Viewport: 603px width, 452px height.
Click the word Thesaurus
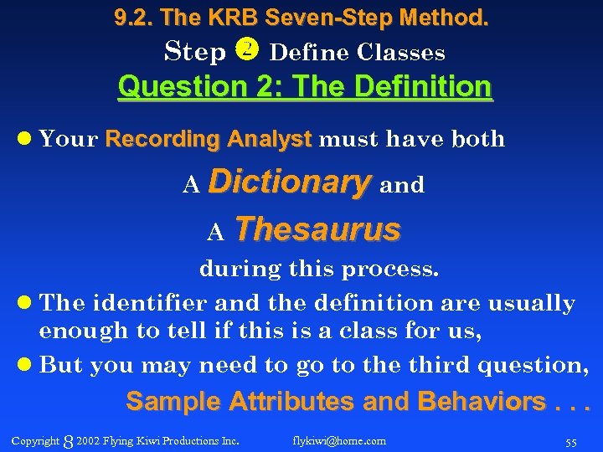[317, 229]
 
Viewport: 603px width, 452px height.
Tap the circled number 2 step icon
[249, 50]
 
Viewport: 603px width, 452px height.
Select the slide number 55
[571, 441]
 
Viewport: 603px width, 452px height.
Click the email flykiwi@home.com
[339, 440]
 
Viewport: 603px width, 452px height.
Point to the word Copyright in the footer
[35, 440]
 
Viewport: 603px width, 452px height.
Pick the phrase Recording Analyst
[209, 139]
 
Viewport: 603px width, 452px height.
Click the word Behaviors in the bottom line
[482, 402]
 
